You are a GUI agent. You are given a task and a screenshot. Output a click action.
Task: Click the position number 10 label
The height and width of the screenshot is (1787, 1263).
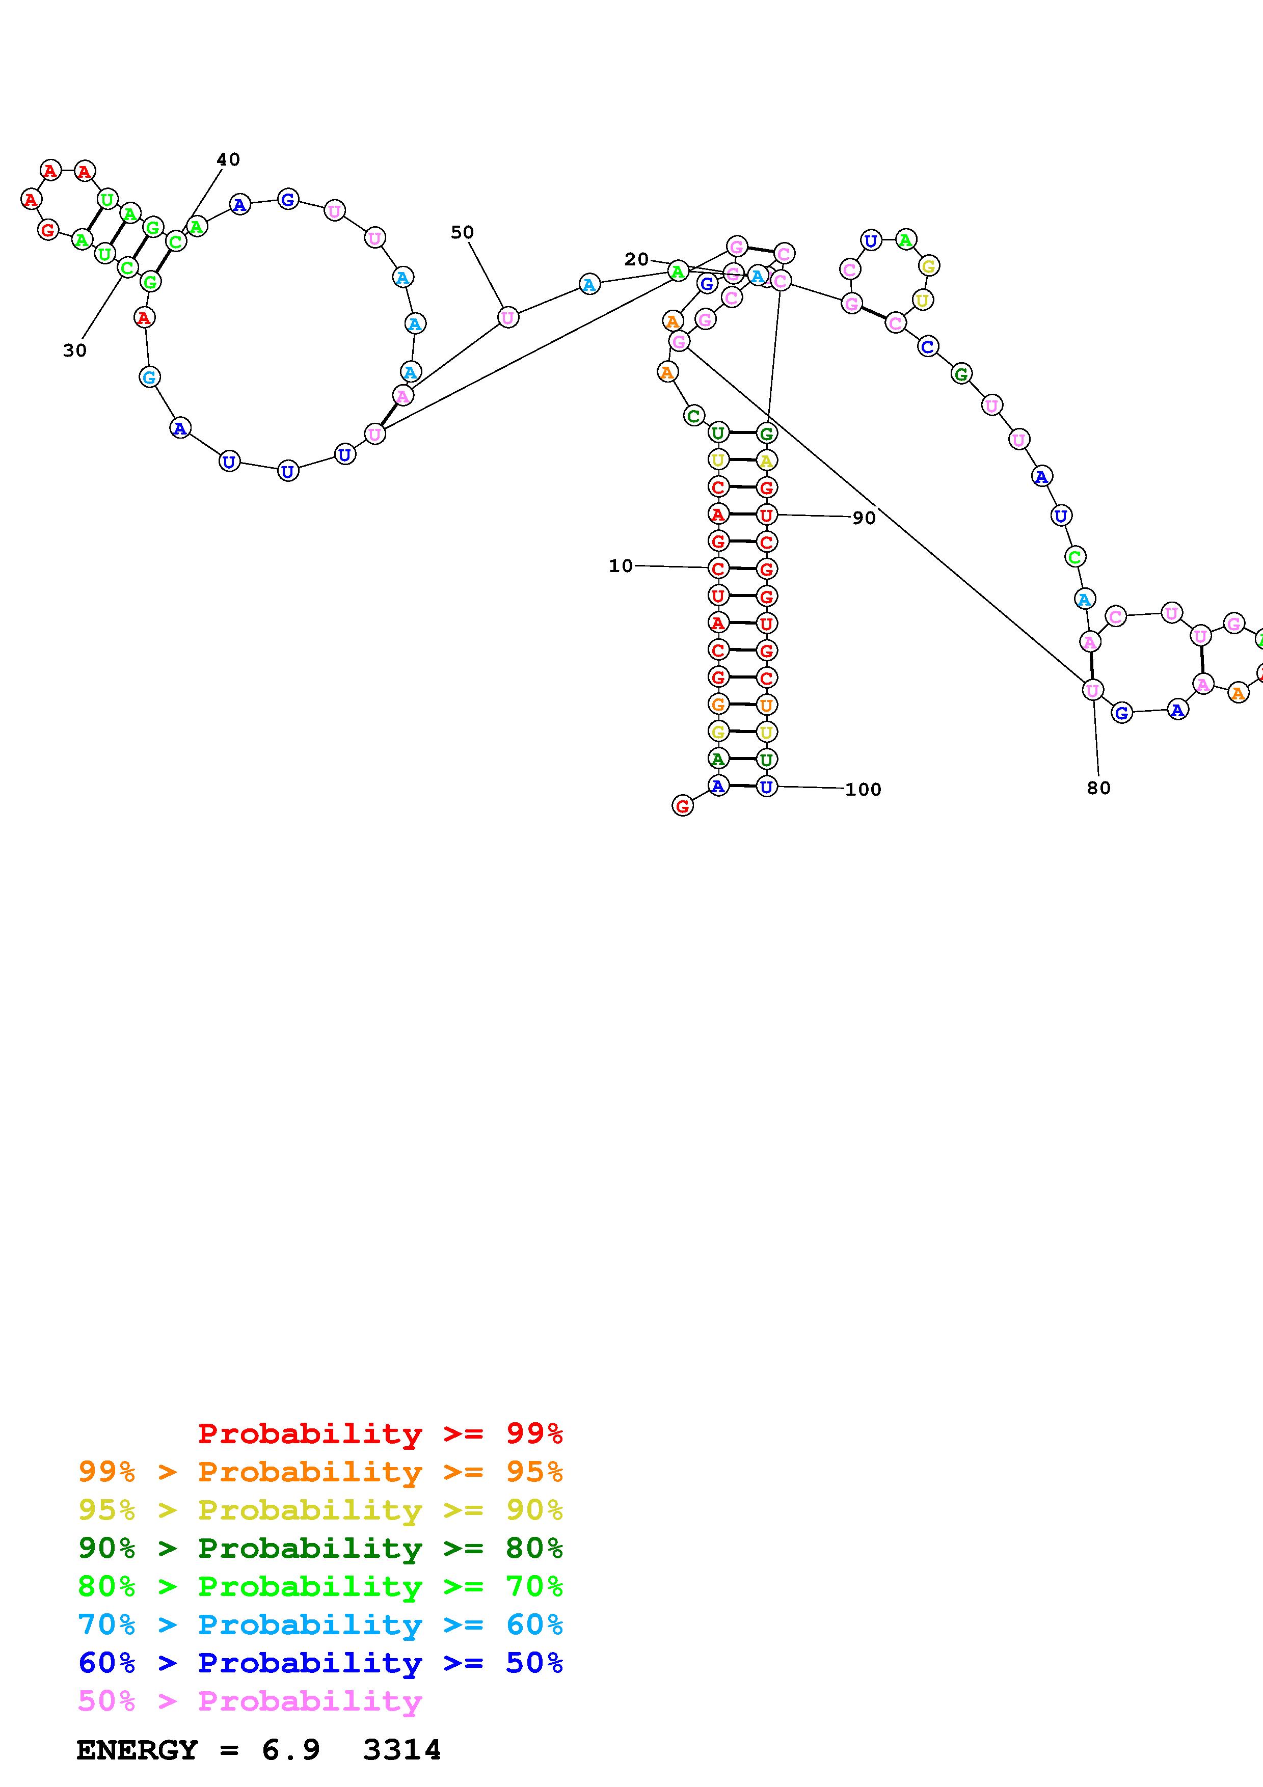coord(620,566)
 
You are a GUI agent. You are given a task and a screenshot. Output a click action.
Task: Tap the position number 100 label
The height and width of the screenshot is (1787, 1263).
coord(863,789)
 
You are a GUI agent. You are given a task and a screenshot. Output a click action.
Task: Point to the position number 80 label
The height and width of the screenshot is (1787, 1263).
coord(1098,788)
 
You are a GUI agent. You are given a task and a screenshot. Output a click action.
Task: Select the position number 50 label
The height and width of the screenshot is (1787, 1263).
coord(462,232)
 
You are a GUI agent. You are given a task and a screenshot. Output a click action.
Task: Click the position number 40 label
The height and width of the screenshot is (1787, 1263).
coord(228,159)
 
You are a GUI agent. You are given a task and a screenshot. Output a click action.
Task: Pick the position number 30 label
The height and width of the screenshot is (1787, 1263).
coord(75,350)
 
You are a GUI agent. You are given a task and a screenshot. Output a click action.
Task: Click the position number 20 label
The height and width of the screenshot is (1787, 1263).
coord(636,259)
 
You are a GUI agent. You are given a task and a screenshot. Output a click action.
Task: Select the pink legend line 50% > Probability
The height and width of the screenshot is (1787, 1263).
coord(250,1700)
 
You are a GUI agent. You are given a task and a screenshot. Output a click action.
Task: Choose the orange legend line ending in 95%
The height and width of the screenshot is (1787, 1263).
coord(320,1472)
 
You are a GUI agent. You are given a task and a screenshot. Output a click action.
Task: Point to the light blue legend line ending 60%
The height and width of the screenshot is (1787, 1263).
coord(320,1624)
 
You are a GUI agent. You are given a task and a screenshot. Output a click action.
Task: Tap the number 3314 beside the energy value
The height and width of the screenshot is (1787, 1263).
coord(401,1750)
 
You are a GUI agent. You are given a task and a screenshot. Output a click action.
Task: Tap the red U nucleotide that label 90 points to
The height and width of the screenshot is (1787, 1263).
coord(767,515)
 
